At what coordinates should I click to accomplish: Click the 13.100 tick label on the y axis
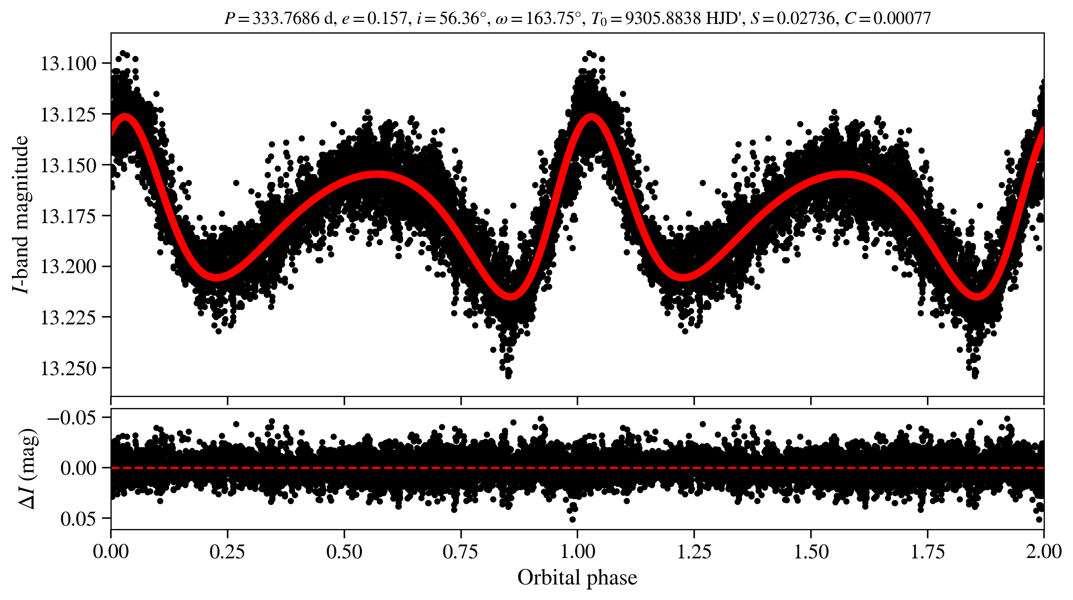[68, 64]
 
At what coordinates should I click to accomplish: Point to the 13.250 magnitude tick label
[68, 368]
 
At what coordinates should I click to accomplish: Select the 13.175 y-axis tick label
[68, 216]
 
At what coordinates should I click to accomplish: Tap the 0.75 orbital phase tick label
[461, 551]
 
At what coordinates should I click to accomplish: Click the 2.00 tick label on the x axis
[1043, 551]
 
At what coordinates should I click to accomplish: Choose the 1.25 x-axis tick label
[694, 551]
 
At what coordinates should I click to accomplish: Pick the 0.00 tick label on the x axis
[111, 551]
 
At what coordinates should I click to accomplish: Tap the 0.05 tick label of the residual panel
[78, 519]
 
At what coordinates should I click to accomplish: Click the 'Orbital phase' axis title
[577, 578]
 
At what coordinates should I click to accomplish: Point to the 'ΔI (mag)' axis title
[28, 468]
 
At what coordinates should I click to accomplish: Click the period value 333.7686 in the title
[286, 18]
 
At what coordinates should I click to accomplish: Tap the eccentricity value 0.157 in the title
[387, 18]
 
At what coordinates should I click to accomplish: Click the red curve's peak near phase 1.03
[591, 117]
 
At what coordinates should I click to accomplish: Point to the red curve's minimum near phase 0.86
[510, 296]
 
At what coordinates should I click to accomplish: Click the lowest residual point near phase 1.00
[572, 519]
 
